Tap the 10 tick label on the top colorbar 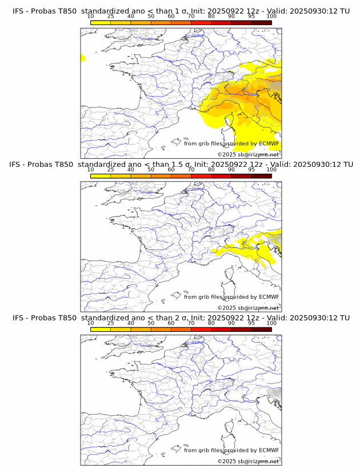tap(90, 17)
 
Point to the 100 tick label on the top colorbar tap(271, 17)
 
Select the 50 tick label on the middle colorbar tap(151, 170)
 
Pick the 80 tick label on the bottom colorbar tap(211, 323)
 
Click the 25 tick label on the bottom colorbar tap(111, 323)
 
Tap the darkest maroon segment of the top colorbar tap(261, 22)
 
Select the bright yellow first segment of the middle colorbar tap(101, 175)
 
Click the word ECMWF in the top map tap(269, 143)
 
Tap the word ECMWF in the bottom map tap(269, 450)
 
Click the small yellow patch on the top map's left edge tap(83, 58)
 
